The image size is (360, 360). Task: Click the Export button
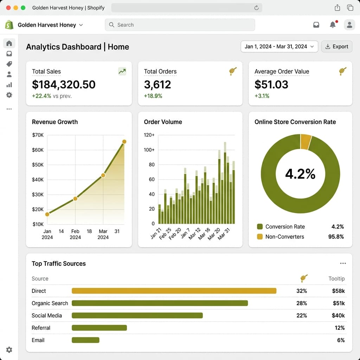tap(336, 46)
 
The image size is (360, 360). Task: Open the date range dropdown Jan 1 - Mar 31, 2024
tap(279, 46)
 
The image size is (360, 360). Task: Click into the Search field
tap(180, 25)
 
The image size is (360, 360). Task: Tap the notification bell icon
tap(333, 25)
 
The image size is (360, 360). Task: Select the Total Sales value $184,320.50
tap(64, 84)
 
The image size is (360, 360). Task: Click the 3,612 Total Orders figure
tap(157, 84)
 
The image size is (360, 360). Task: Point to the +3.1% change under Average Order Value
tap(262, 96)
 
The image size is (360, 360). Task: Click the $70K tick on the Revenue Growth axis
tap(38, 135)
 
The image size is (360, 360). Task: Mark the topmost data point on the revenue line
tap(124, 142)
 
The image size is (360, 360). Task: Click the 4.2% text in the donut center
tap(300, 174)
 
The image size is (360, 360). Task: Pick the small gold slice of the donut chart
tap(306, 142)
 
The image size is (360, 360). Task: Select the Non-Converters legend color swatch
tap(260, 237)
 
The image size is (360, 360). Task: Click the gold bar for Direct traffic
tap(174, 291)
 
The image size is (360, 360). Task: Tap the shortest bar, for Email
tap(85, 340)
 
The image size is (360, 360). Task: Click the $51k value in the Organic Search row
tap(339, 303)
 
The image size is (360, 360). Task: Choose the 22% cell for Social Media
tap(302, 315)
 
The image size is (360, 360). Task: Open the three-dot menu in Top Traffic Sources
tap(343, 263)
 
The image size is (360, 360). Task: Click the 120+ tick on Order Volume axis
tap(149, 135)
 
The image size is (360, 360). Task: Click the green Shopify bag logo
tap(9, 25)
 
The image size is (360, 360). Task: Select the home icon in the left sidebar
tap(9, 43)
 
